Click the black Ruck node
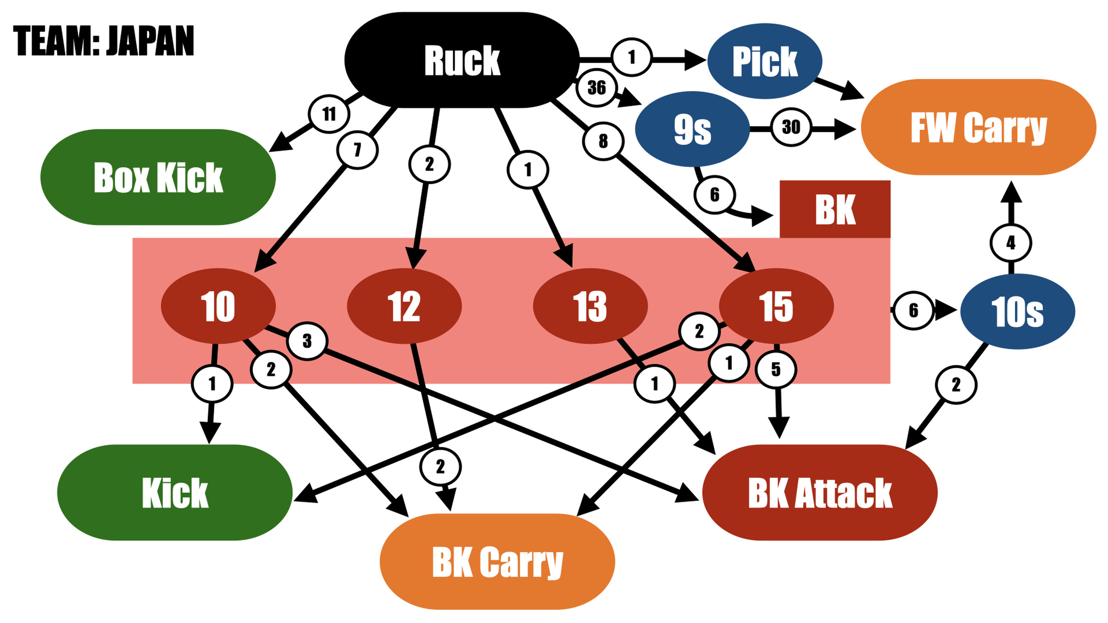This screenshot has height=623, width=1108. [462, 60]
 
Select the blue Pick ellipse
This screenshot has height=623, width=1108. [765, 61]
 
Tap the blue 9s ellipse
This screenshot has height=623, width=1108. [692, 129]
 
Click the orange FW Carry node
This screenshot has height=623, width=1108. [978, 127]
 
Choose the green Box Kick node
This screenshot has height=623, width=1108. [158, 177]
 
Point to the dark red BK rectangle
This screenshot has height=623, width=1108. [835, 210]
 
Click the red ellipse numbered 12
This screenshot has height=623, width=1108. [404, 306]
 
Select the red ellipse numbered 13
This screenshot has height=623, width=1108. [590, 306]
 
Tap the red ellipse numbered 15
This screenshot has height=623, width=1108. [776, 306]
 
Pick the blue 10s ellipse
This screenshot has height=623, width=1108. [1017, 311]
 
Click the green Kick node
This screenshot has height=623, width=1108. [175, 493]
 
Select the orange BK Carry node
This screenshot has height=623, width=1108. [497, 562]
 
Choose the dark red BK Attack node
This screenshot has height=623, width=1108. [820, 493]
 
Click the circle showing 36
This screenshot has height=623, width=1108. [597, 88]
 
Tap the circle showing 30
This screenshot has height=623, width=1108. [791, 127]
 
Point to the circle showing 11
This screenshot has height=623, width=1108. [329, 114]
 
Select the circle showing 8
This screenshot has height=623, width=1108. [603, 140]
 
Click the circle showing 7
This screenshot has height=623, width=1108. [357, 150]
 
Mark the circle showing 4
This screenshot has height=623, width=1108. [1011, 243]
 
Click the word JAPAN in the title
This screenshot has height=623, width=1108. [150, 41]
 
